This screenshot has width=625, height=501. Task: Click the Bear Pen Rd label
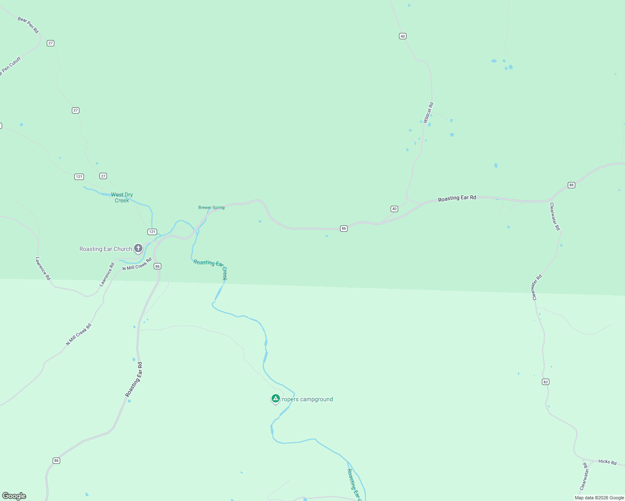pyautogui.click(x=28, y=25)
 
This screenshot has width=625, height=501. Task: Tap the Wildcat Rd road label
pyautogui.click(x=428, y=113)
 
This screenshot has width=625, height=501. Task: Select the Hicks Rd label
pyautogui.click(x=607, y=462)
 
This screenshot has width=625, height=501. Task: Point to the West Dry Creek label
pyautogui.click(x=122, y=197)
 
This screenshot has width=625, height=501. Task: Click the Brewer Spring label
pyautogui.click(x=211, y=207)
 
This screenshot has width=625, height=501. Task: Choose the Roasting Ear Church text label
pyautogui.click(x=106, y=249)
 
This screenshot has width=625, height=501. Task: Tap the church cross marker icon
pyautogui.click(x=138, y=248)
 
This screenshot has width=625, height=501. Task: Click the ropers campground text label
pyautogui.click(x=307, y=399)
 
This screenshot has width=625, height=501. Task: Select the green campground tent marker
pyautogui.click(x=275, y=399)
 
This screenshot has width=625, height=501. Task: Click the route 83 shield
pyautogui.click(x=546, y=382)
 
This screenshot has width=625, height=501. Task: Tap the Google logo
pyautogui.click(x=14, y=496)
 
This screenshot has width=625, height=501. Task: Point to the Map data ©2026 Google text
pyautogui.click(x=599, y=498)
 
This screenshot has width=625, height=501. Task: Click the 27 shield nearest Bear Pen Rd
pyautogui.click(x=51, y=43)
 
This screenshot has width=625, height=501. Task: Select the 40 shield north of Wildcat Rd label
pyautogui.click(x=402, y=36)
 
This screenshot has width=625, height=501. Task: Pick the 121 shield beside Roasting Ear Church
pyautogui.click(x=152, y=232)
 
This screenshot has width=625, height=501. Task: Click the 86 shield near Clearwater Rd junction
pyautogui.click(x=572, y=185)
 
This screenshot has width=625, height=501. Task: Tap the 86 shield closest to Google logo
pyautogui.click(x=56, y=461)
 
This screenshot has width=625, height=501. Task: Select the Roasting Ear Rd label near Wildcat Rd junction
pyautogui.click(x=457, y=198)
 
